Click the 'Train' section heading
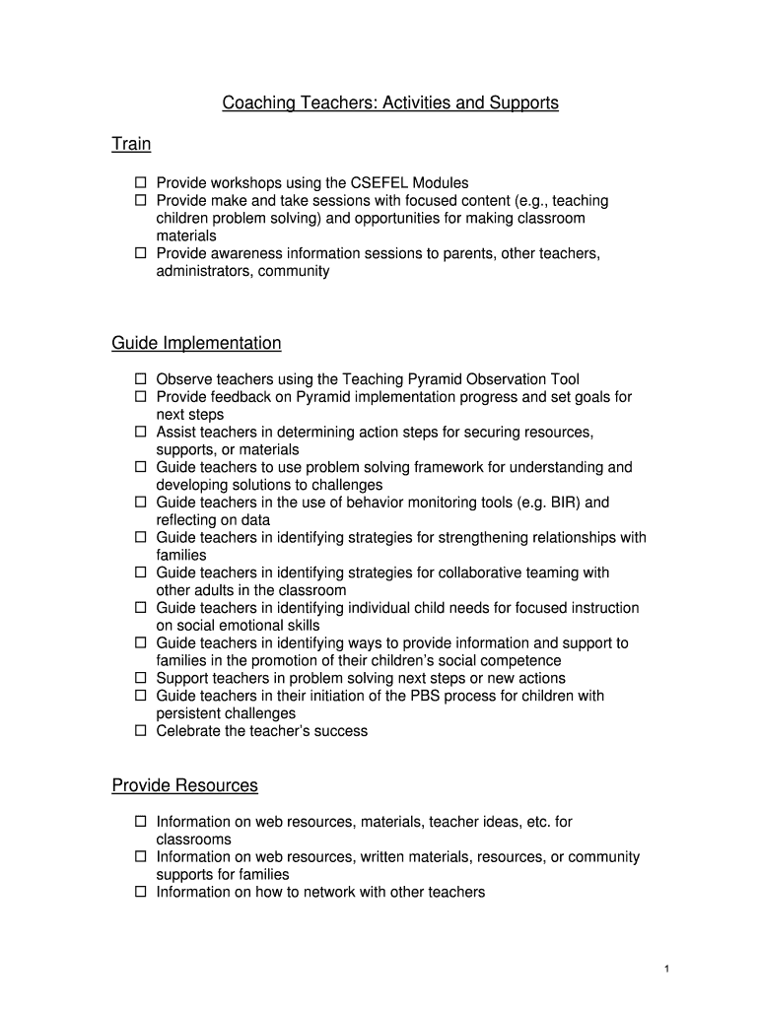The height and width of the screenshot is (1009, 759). coord(131,145)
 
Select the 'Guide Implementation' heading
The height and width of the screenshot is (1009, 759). coord(196,343)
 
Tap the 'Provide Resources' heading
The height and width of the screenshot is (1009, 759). coord(184,785)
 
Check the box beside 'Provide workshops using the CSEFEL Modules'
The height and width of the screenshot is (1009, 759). coord(140,182)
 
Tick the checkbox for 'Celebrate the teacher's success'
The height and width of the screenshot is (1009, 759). coord(140,731)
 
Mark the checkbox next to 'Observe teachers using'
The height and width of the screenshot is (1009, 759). coord(140,378)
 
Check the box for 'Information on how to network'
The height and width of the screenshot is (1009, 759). coord(140,892)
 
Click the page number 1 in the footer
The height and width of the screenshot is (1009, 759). coord(666,970)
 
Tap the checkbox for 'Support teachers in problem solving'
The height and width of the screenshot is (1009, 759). coord(140,678)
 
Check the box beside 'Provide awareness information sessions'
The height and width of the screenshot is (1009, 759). coord(140,253)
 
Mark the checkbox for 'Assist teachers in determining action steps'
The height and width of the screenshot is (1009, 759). coord(140,432)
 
